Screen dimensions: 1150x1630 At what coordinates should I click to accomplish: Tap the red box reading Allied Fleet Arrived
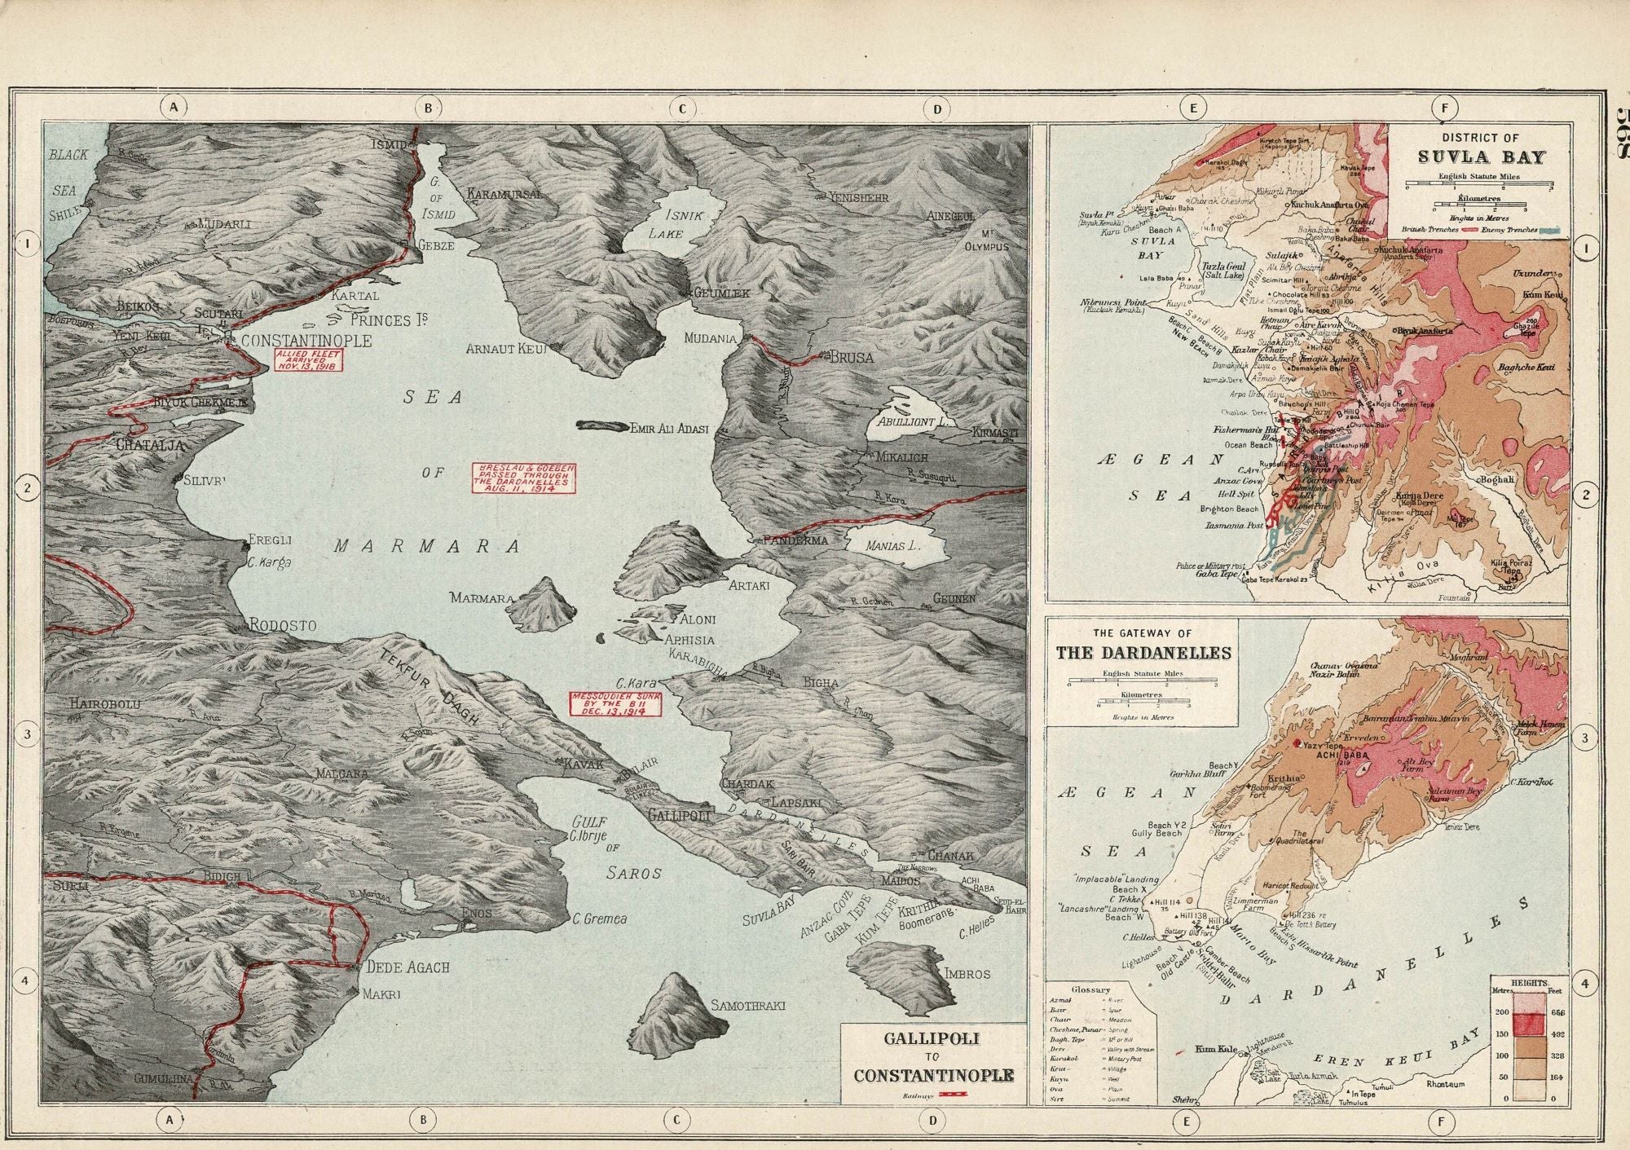pos(309,359)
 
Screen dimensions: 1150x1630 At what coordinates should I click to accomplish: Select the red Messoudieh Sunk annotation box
pos(615,704)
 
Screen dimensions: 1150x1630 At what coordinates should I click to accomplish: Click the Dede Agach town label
pos(407,967)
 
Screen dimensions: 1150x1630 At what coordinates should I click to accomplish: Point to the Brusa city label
pos(852,357)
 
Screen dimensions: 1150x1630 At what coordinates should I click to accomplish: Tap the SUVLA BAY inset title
pos(1480,156)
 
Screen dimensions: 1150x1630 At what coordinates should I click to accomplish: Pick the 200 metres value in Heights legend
pos(1500,1011)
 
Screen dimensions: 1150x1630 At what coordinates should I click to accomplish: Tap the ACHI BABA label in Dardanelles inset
pos(1340,755)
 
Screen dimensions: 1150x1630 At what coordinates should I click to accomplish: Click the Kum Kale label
pos(1212,1049)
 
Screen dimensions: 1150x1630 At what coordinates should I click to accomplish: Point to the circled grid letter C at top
pos(681,108)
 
